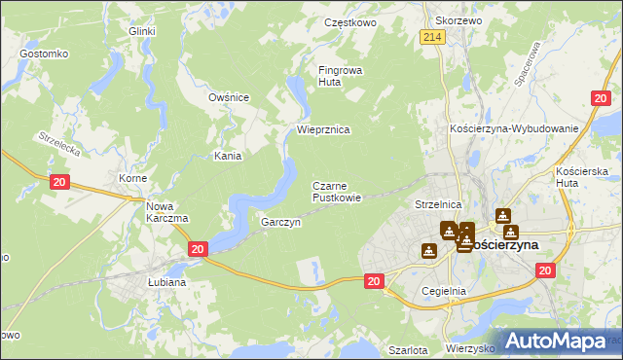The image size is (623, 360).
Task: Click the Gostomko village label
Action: [x=42, y=53]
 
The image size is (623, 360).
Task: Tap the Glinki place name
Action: [x=142, y=31]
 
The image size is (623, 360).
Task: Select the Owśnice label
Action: [x=230, y=97]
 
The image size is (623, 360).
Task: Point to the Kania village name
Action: [x=228, y=156]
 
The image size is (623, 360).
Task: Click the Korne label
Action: [x=132, y=179]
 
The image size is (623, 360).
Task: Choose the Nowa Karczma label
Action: [x=166, y=212]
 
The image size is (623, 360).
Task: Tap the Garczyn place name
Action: [x=280, y=223]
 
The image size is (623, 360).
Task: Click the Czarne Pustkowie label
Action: [x=337, y=192]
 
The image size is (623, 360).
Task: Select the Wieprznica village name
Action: [x=322, y=129]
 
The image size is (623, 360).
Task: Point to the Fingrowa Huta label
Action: [x=340, y=76]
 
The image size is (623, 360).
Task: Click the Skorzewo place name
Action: [x=459, y=20]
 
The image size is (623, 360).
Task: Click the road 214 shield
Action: [x=433, y=37]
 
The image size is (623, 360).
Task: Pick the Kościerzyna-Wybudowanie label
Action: [x=514, y=128]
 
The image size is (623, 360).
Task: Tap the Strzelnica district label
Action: [x=437, y=205]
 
